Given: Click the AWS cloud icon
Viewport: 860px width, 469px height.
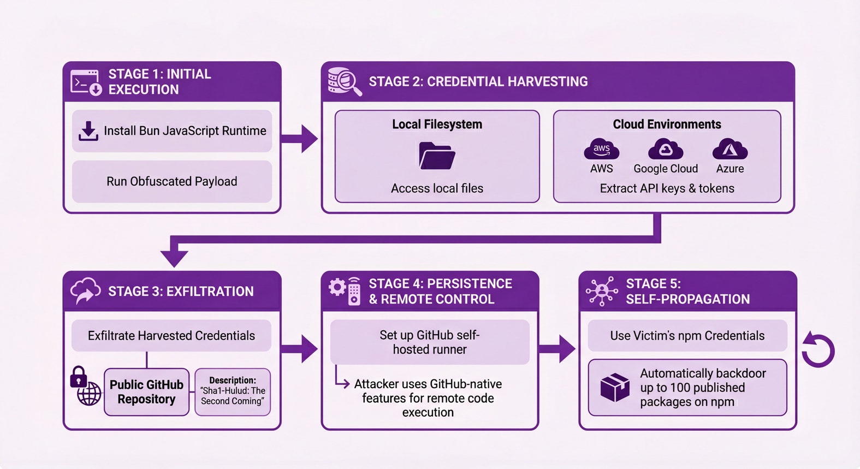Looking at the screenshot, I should [x=601, y=149].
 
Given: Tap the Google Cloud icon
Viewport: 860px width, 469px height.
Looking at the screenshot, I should [x=665, y=149].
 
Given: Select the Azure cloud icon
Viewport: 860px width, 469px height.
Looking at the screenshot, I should [x=730, y=149].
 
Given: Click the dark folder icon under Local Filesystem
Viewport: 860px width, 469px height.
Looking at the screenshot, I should [x=437, y=156].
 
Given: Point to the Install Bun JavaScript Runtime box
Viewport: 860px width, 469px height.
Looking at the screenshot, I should [x=172, y=131].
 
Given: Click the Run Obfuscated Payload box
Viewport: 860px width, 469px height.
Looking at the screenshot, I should [x=172, y=181].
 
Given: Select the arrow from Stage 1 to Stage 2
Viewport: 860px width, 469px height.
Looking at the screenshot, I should [x=300, y=139].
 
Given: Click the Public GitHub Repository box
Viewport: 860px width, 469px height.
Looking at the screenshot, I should [x=146, y=392].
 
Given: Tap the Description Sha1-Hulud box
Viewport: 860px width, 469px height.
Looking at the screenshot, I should [x=233, y=391].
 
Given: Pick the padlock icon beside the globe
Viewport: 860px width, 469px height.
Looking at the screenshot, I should [x=79, y=377].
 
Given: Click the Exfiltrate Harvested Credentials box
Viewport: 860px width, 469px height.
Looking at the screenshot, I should [x=171, y=335].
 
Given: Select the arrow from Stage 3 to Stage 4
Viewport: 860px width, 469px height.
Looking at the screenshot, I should [x=300, y=349].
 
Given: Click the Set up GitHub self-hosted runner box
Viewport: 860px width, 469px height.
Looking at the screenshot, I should [x=430, y=342].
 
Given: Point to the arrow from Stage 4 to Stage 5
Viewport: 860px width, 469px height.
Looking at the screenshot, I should [x=558, y=349].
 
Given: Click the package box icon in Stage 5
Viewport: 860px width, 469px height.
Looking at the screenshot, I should [x=615, y=387].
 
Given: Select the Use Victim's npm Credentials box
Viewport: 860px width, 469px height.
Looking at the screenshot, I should [x=687, y=335].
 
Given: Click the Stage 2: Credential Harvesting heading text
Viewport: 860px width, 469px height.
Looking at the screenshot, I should [x=478, y=82].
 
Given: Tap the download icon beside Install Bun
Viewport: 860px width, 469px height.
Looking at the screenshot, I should [x=88, y=131].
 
